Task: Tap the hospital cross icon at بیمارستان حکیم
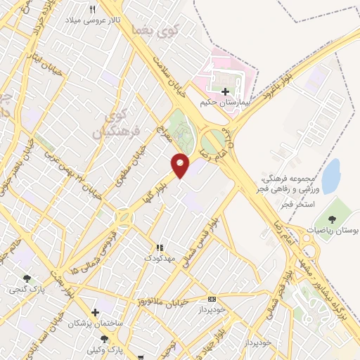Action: (x=225, y=91)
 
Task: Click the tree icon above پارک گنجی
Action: (x=27, y=278)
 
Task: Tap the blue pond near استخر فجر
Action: (x=330, y=176)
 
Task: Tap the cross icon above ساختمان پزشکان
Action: (x=95, y=311)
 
